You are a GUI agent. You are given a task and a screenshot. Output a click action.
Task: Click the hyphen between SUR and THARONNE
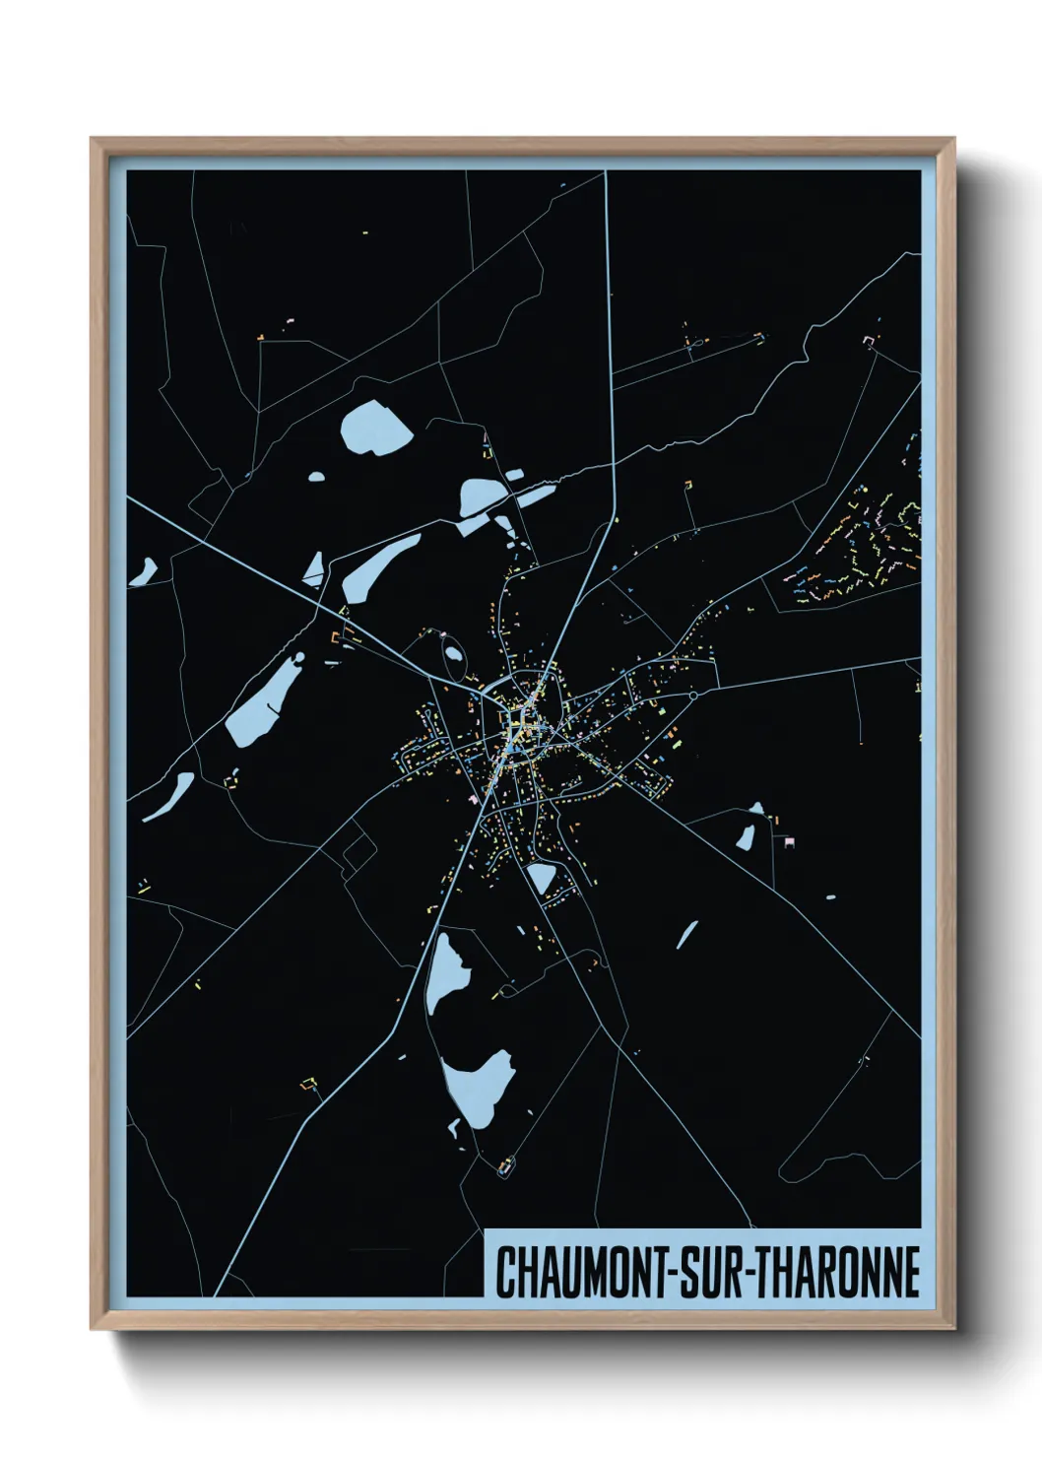[752, 1274]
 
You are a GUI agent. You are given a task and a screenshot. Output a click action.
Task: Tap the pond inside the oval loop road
[454, 651]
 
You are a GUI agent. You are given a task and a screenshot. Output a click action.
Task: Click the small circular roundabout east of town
[693, 696]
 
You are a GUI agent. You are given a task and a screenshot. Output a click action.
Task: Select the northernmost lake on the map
[374, 429]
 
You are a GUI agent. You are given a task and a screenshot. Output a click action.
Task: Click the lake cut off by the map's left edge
[145, 571]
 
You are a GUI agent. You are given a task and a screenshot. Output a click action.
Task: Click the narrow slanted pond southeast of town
[686, 934]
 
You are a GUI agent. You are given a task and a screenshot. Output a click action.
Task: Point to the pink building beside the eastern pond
[788, 839]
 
